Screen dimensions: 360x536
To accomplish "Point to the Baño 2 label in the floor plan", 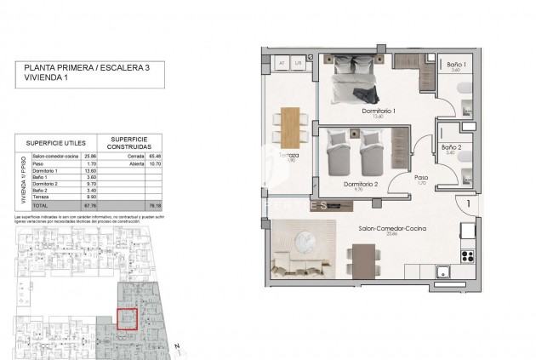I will (451, 148).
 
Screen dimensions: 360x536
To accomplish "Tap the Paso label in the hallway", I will (420, 180).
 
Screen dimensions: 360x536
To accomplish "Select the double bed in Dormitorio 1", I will (357, 77).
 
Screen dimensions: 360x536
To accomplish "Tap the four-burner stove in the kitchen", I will (467, 254).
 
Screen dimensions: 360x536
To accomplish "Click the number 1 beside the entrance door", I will (468, 204).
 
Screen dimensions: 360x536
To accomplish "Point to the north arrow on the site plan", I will (176, 346).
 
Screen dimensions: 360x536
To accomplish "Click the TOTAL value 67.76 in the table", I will (89, 206).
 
